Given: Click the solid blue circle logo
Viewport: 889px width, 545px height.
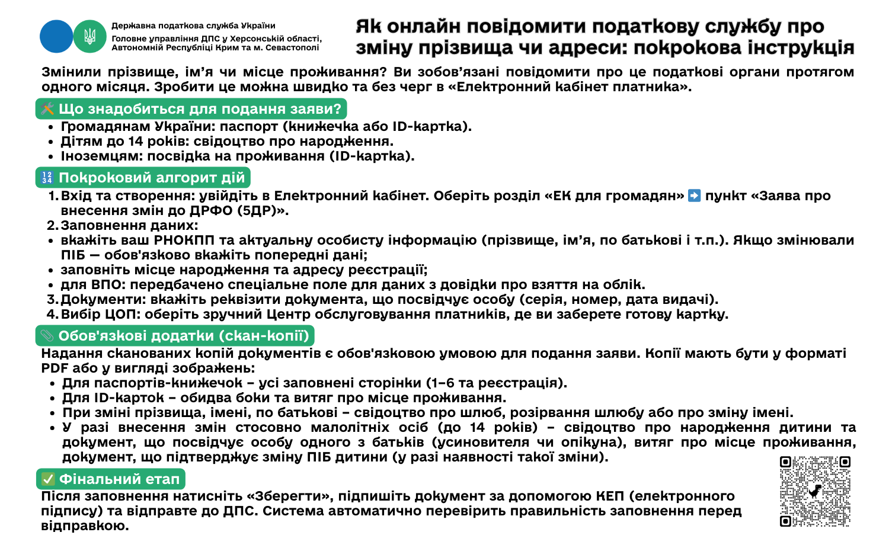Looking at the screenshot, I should point(56,36).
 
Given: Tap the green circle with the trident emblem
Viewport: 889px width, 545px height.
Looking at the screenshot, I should point(89,36).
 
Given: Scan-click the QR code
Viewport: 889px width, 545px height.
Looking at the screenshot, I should point(815,491).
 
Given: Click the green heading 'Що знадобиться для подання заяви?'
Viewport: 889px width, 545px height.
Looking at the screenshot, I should point(191,109).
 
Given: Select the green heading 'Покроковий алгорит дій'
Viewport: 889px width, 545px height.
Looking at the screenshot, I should point(143,178).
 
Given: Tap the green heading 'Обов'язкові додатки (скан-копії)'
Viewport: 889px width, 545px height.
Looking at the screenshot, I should point(175,336).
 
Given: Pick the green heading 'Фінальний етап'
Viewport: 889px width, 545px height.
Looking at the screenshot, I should point(111,479).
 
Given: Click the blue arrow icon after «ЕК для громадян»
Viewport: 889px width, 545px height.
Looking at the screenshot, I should point(694,195).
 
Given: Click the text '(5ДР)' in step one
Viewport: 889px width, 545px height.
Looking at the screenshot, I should point(263,211).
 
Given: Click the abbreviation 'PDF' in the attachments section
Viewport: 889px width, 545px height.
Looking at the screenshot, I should point(55,368).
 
